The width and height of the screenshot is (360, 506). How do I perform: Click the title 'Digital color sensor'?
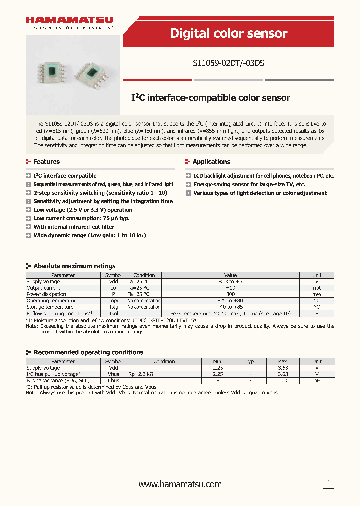pos(228,33)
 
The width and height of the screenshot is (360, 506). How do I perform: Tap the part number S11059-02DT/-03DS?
pos(228,64)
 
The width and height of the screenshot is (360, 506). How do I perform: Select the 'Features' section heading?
pos(46,162)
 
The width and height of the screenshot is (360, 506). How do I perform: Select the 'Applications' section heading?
pos(211,162)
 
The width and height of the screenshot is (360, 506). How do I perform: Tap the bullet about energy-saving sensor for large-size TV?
pos(249,184)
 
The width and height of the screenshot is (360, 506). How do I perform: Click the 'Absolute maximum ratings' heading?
pos(74,266)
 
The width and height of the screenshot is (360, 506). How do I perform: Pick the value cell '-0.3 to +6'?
pos(230,282)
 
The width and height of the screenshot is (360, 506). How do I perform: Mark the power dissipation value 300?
pos(230,294)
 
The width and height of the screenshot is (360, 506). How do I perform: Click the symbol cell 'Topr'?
pos(113,301)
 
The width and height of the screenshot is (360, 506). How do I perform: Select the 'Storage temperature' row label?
pos(50,307)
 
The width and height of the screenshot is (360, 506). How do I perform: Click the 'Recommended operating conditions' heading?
pos(88,352)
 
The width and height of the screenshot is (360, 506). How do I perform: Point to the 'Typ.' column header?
pos(250,361)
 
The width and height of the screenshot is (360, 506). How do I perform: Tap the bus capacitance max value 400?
pos(283,380)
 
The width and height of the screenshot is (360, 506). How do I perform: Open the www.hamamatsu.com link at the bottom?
pos(180,484)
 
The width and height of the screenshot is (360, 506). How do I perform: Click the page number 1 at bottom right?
pos(328,483)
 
